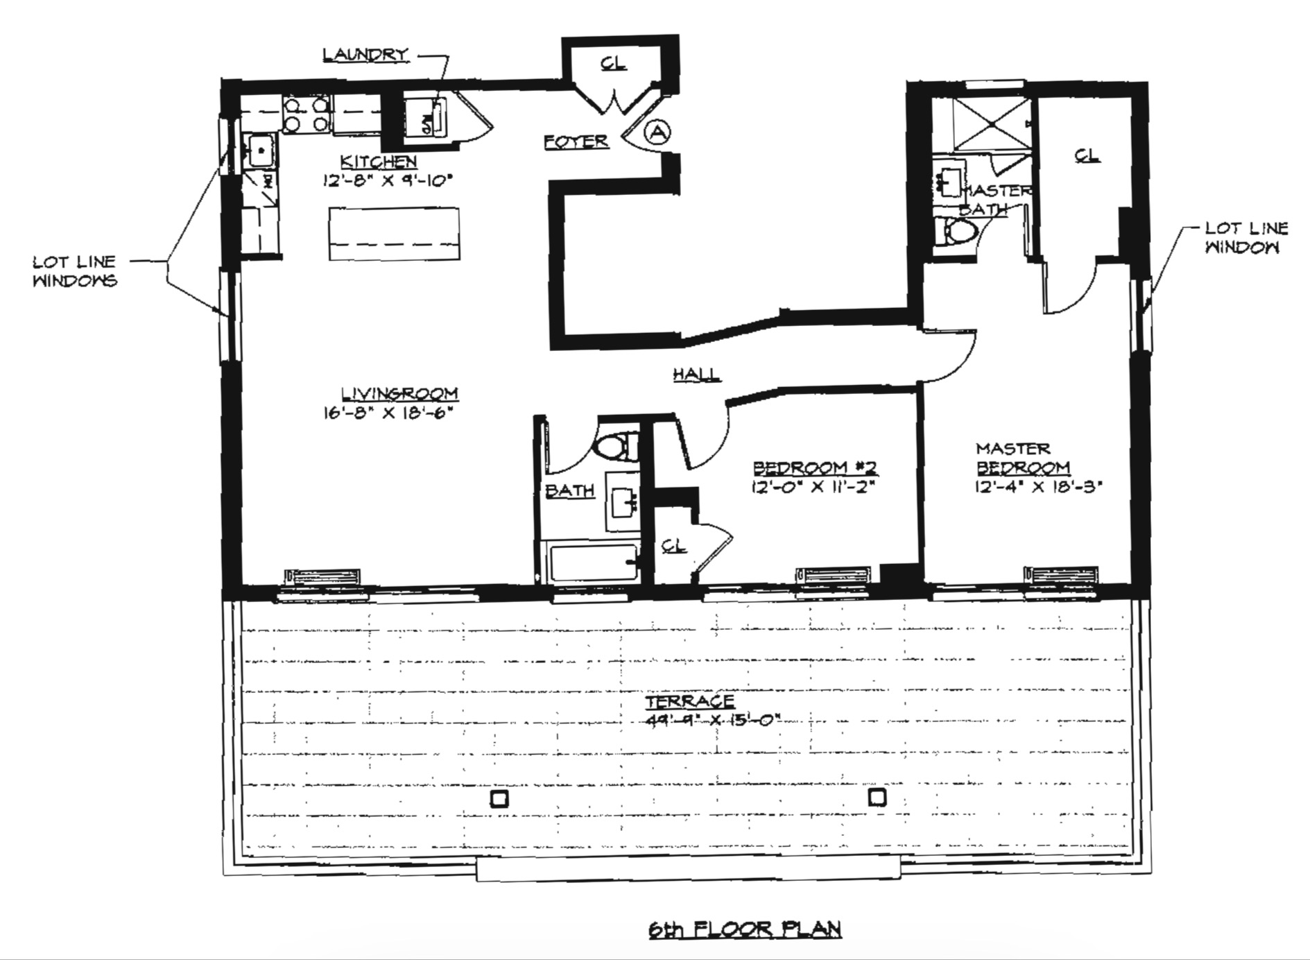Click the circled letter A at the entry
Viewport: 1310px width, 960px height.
658,131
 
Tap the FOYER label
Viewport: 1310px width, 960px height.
576,142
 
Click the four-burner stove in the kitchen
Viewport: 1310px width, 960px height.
306,115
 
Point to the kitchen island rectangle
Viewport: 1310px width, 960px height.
394,234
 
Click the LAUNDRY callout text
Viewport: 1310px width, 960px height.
365,55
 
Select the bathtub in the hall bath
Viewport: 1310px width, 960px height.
594,562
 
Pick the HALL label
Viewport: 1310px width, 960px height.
696,374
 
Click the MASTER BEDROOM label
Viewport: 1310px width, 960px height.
1022,458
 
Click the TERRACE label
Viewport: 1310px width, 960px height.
689,702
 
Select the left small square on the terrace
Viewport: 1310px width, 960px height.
499,799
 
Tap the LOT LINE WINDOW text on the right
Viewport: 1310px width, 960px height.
1246,237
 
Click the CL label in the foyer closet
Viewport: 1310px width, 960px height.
613,64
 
